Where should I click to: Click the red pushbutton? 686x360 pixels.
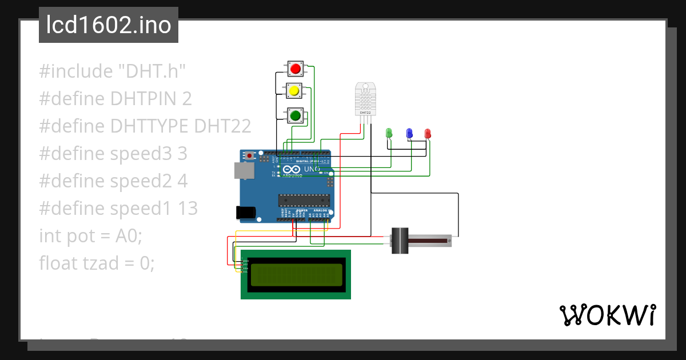(295, 70)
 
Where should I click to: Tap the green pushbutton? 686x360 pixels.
(295, 116)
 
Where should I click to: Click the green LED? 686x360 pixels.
(389, 134)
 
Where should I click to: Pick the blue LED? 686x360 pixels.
(409, 134)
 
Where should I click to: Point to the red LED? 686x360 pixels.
(428, 134)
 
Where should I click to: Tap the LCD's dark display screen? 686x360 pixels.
(296, 275)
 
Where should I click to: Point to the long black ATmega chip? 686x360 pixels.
(304, 200)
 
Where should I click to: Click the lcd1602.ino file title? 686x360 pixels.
(109, 26)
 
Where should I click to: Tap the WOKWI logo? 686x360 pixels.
(607, 315)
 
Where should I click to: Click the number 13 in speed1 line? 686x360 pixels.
(186, 209)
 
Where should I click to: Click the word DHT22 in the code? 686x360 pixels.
(223, 126)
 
